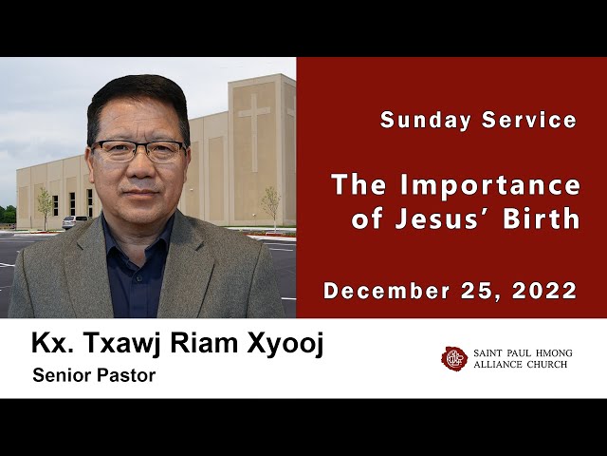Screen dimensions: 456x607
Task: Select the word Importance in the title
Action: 490,184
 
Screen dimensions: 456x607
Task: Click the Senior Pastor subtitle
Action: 93,375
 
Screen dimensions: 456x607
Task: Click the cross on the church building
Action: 253,118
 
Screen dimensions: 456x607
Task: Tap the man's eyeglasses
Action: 138,150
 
